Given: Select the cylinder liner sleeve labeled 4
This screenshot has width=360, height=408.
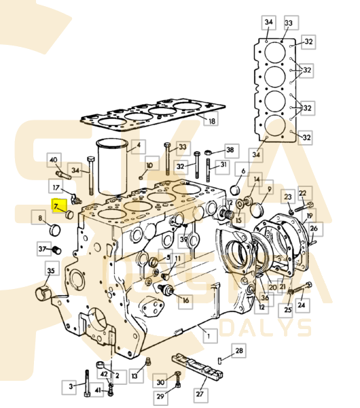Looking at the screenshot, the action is click(112, 167).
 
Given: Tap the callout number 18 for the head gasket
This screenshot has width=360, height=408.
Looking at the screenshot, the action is click(211, 121).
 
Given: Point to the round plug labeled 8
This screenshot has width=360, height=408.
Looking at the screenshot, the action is click(55, 230).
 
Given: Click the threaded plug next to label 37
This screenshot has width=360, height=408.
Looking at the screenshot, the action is click(56, 250).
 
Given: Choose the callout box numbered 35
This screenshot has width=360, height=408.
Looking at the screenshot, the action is click(51, 271).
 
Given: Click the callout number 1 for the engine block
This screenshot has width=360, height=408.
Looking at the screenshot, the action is click(209, 336).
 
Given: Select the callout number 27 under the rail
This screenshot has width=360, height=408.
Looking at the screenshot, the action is click(200, 394).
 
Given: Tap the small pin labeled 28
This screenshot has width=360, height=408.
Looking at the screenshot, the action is click(220, 361).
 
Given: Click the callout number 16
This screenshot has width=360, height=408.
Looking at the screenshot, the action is click(185, 301).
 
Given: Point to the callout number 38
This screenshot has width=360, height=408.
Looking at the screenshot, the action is click(230, 150).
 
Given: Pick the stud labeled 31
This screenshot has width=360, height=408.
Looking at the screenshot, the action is click(209, 171).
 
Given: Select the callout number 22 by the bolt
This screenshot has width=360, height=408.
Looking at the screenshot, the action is click(302, 193).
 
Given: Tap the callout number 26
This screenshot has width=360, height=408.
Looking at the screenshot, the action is click(314, 228).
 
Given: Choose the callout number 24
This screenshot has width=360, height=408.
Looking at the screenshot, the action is click(302, 304).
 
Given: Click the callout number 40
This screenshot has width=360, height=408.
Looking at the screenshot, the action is click(53, 160).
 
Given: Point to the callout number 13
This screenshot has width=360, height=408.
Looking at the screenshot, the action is click(134, 376).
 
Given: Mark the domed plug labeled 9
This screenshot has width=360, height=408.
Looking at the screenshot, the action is click(257, 209).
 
